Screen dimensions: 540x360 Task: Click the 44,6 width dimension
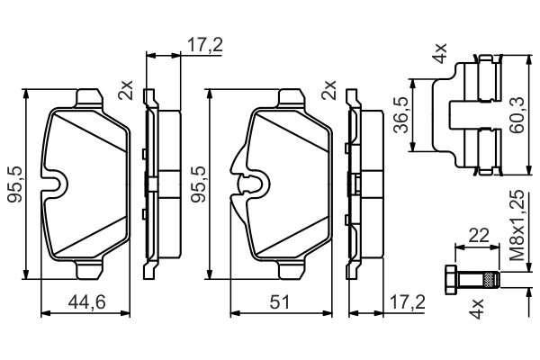[86, 301]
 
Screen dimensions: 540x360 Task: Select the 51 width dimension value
[280, 301]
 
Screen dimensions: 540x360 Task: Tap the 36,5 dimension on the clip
[401, 115]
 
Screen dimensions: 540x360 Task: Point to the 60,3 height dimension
[517, 115]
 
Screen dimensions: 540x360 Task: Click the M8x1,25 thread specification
[517, 226]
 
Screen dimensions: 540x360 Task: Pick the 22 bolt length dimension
[479, 236]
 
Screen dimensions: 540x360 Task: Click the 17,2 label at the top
[205, 45]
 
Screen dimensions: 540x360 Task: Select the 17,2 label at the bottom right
[408, 301]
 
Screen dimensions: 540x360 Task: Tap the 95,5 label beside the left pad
[15, 184]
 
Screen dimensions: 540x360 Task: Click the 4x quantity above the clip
[440, 53]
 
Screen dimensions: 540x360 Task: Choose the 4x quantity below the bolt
[477, 309]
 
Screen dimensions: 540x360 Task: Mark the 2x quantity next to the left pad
[126, 90]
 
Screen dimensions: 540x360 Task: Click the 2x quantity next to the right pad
[328, 90]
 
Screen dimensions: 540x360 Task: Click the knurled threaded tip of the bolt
[491, 279]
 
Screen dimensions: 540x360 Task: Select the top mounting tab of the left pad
[89, 98]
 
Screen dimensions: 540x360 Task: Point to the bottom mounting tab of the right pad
[292, 270]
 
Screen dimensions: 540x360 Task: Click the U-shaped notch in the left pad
[55, 184]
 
